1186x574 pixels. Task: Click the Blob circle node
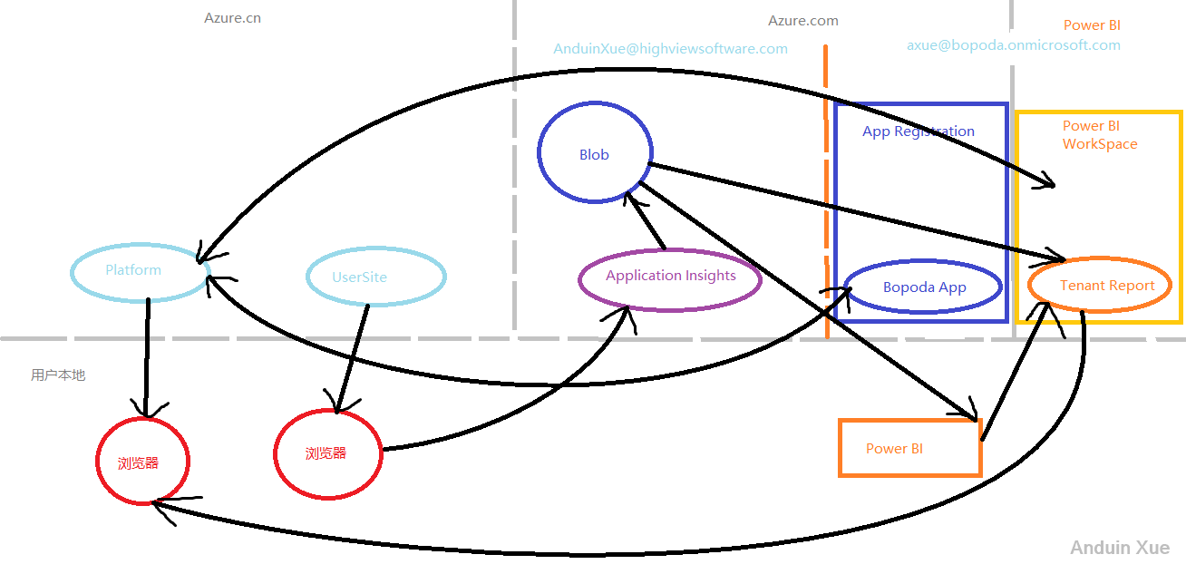click(595, 154)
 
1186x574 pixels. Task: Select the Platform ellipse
click(140, 270)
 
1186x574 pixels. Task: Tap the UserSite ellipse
click(375, 277)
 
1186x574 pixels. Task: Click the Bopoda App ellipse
click(923, 287)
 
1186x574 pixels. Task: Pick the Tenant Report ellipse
click(1100, 286)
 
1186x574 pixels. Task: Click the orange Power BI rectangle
click(909, 448)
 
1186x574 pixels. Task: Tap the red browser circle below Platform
click(141, 462)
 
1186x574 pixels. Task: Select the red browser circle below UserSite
click(327, 453)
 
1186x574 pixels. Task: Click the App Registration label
click(918, 131)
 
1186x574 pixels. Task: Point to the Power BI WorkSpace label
click(1099, 135)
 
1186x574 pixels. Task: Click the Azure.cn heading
click(232, 17)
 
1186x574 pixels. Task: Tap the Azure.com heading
click(802, 20)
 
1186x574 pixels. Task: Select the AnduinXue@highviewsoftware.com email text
click(670, 49)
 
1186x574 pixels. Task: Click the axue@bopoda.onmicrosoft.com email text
click(1013, 45)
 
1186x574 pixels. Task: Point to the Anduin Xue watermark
click(1119, 548)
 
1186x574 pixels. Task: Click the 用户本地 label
click(58, 375)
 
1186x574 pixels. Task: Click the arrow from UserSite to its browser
click(353, 357)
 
